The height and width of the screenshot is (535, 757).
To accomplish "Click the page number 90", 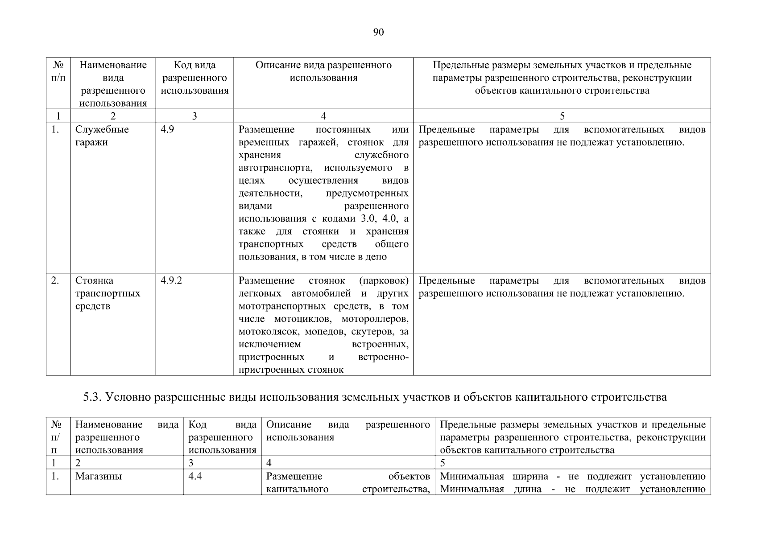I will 378,32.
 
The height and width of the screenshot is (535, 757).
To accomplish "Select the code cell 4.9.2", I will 171,280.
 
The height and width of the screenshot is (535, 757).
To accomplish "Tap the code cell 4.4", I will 195,476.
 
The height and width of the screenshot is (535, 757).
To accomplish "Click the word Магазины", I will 99,476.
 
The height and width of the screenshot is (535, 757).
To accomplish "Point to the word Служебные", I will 102,130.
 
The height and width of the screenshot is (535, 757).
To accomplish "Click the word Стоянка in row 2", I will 94,280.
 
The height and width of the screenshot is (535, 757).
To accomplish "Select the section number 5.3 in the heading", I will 92,397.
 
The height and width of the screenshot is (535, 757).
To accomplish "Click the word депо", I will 377,257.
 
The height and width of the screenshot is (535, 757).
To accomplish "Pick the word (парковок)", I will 384,280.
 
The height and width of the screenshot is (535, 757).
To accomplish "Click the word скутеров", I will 373,332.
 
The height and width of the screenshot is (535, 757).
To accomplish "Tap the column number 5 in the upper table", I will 562,116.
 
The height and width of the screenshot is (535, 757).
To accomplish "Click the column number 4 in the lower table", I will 269,463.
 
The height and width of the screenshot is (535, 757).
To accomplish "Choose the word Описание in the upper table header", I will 277,65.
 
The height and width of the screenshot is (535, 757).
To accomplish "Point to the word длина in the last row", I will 527,489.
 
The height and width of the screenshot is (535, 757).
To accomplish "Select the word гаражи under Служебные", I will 91,143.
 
